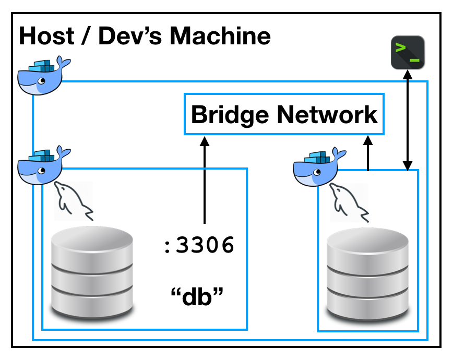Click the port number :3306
[x=198, y=245]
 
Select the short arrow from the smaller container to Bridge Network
[x=368, y=153]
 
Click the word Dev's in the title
[x=130, y=37]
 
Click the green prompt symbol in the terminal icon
[x=401, y=49]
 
